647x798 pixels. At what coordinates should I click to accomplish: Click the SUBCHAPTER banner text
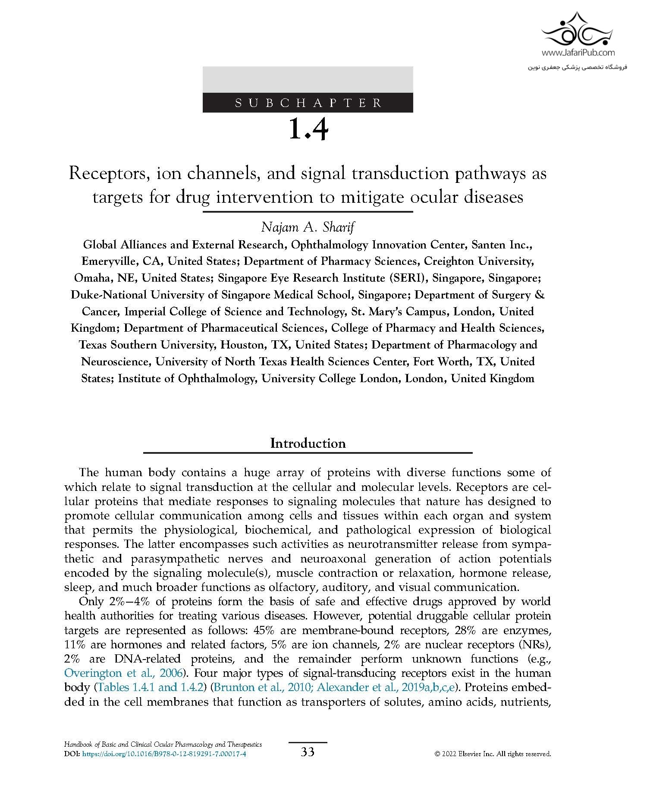pyautogui.click(x=308, y=103)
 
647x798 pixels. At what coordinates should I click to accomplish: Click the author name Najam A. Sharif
pyautogui.click(x=308, y=227)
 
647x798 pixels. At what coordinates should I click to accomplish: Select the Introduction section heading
pyautogui.click(x=308, y=443)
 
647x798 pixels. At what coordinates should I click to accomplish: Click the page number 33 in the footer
pyautogui.click(x=308, y=752)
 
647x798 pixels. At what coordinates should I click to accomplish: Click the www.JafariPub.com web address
pyautogui.click(x=578, y=53)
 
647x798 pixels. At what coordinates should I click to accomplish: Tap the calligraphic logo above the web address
pyautogui.click(x=578, y=30)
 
